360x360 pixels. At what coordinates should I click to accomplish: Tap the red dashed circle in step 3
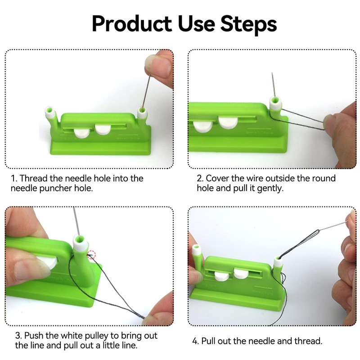click(x=91, y=255)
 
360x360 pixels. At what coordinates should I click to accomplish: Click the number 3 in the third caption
click(x=17, y=336)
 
